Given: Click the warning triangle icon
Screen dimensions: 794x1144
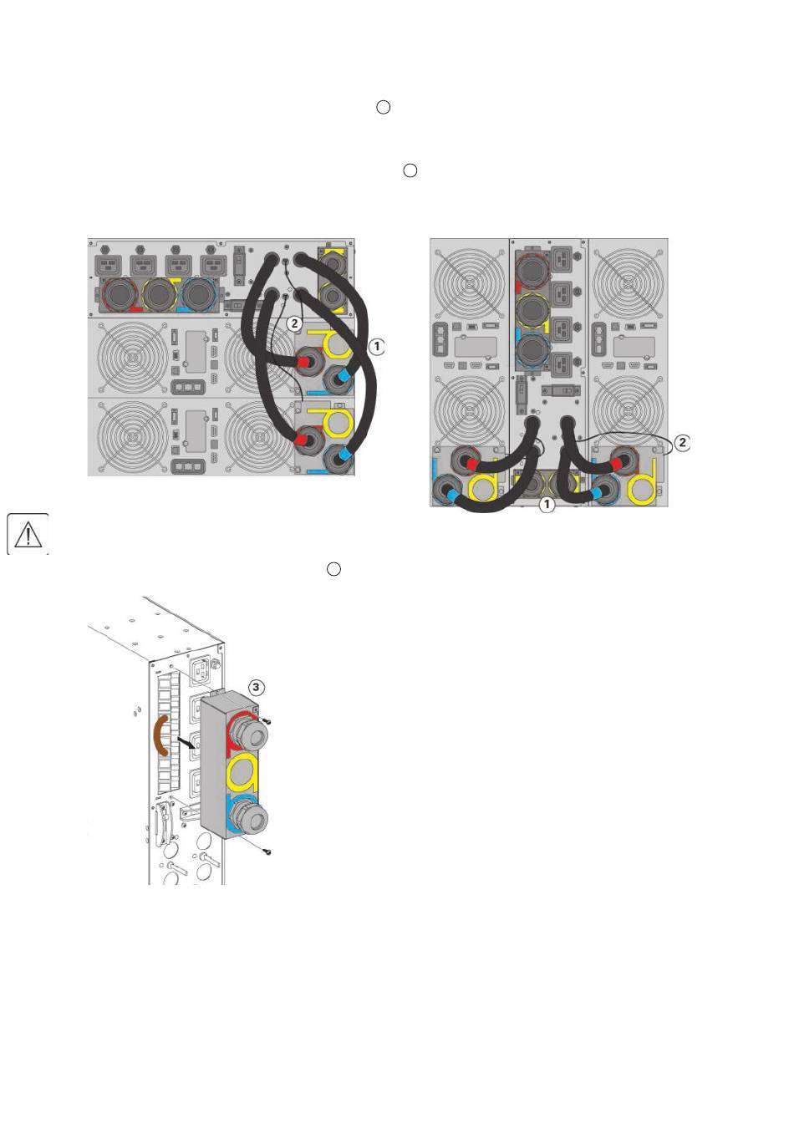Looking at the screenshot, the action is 28,534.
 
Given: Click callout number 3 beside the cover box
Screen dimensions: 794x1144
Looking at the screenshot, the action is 257,687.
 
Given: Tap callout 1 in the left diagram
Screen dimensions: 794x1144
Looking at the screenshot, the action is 377,345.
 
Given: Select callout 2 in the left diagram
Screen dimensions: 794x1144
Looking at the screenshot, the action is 293,323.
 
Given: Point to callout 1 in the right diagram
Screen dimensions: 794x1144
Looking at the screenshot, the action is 546,505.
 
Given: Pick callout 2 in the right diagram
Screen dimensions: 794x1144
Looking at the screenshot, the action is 682,442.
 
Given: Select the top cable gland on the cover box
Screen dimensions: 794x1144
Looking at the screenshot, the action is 248,735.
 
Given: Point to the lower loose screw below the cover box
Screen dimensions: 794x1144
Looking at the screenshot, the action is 266,852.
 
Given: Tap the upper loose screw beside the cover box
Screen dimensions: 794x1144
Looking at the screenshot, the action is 267,719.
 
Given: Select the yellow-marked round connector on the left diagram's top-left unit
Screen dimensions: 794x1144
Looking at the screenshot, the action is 158,294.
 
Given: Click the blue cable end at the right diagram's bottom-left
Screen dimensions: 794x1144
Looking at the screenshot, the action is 454,495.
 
